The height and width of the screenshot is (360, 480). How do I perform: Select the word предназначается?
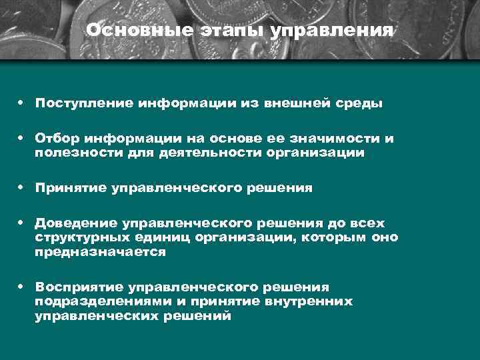coord(100,252)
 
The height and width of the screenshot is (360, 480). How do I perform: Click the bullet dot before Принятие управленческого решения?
coord(22,188)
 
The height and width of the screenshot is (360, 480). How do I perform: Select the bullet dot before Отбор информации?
coord(22,138)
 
